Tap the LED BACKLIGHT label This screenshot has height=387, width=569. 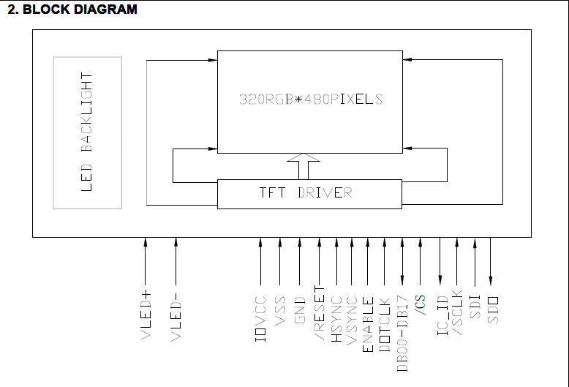tap(87, 132)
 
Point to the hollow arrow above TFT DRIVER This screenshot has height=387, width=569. tap(304, 166)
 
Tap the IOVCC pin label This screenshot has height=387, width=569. tap(260, 320)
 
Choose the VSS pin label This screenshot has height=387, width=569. tap(279, 310)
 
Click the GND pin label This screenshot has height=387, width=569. tap(299, 310)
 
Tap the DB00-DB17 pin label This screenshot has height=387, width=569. tap(402, 333)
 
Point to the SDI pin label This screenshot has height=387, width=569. tap(475, 307)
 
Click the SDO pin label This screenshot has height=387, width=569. tap(491, 307)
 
